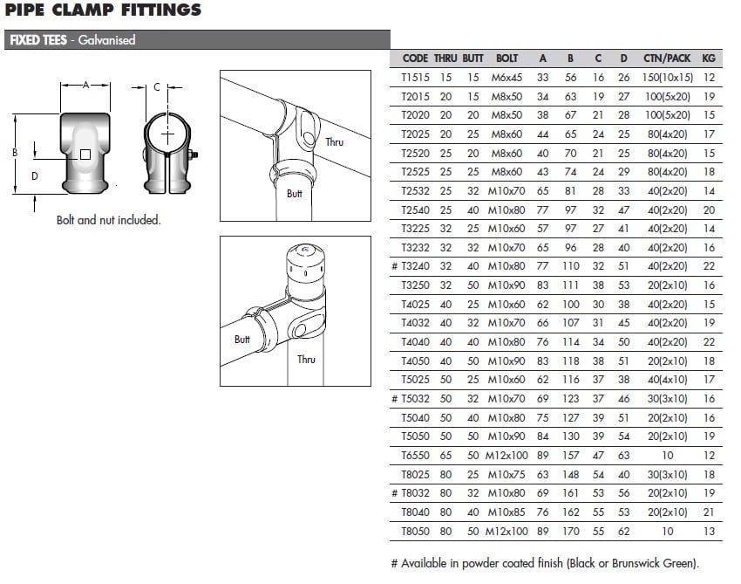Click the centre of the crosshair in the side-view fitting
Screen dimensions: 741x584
167,135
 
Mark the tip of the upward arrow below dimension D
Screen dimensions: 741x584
35,196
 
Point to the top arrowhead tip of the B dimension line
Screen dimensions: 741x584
16,115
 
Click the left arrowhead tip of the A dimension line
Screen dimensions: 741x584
61,86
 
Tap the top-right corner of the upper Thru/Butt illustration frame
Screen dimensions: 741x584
371,71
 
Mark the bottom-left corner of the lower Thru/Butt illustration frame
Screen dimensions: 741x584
221,386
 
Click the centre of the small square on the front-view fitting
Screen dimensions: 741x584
85,155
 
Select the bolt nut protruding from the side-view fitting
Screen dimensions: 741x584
193,155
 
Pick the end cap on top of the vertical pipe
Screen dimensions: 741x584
306,266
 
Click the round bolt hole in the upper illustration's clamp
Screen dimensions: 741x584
309,139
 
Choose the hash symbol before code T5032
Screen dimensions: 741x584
395,399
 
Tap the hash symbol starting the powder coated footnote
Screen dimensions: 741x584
395,563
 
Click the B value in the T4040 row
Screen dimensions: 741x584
570,341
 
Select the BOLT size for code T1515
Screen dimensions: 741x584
506,78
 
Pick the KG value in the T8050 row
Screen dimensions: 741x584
709,531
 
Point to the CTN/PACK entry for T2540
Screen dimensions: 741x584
667,210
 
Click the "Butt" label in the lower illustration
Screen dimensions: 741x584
242,340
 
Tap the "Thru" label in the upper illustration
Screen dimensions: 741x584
334,142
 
